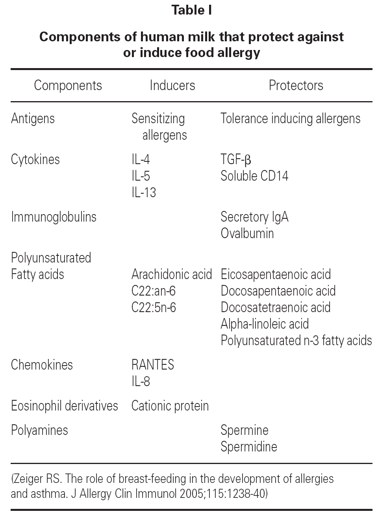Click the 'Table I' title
(191, 10)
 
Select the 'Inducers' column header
(172, 85)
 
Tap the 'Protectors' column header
(296, 85)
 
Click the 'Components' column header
(68, 85)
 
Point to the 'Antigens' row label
(33, 118)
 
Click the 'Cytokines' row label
(35, 159)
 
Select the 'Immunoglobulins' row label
(54, 217)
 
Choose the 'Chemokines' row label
(42, 365)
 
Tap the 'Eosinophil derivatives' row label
(64, 406)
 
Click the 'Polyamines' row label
(39, 430)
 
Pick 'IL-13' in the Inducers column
(144, 192)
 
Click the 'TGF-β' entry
(235, 159)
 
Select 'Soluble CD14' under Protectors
(254, 176)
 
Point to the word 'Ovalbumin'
(247, 233)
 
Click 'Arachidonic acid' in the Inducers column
(172, 274)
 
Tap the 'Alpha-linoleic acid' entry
(265, 324)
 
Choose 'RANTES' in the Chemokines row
(153, 365)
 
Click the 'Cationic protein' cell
(170, 406)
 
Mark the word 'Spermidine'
(248, 447)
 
